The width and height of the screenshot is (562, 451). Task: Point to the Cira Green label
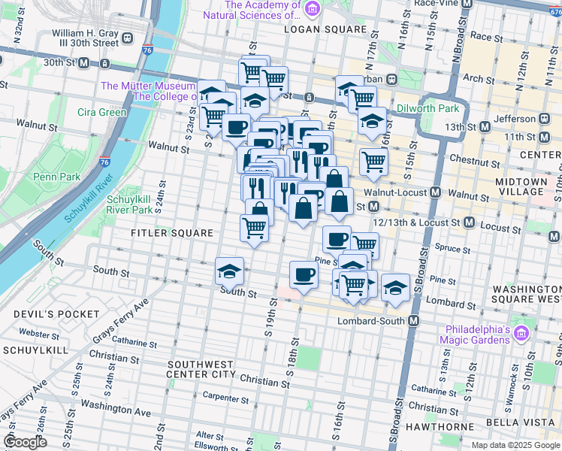(101, 113)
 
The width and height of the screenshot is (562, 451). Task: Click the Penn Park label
(51, 177)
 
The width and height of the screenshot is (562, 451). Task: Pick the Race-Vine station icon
(466, 4)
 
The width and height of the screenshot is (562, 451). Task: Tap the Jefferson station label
(515, 119)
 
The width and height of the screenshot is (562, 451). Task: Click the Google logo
(24, 442)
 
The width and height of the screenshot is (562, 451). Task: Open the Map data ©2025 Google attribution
(515, 445)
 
